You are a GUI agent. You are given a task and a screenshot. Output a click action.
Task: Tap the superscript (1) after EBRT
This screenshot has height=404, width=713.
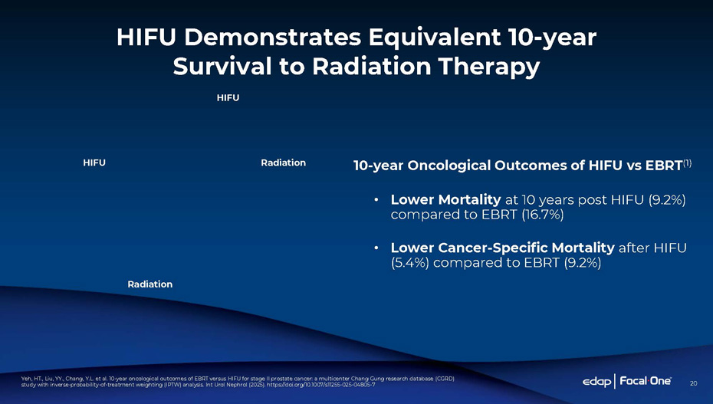687,163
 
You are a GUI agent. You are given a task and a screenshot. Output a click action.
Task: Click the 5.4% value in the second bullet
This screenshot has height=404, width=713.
410,263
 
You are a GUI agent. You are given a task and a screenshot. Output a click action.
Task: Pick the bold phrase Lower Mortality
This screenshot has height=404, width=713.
445,200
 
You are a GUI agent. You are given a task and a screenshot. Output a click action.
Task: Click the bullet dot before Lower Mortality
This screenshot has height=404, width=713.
376,200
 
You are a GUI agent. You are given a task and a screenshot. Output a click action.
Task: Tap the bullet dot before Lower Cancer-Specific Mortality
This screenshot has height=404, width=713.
376,248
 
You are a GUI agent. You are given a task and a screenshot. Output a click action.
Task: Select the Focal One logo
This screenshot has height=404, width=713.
646,381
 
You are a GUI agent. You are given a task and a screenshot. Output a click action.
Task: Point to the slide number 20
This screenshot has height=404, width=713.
693,383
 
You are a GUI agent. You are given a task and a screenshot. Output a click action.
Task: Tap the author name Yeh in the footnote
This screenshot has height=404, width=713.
25,379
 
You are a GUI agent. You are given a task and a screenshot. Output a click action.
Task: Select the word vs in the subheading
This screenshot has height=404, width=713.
633,166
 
